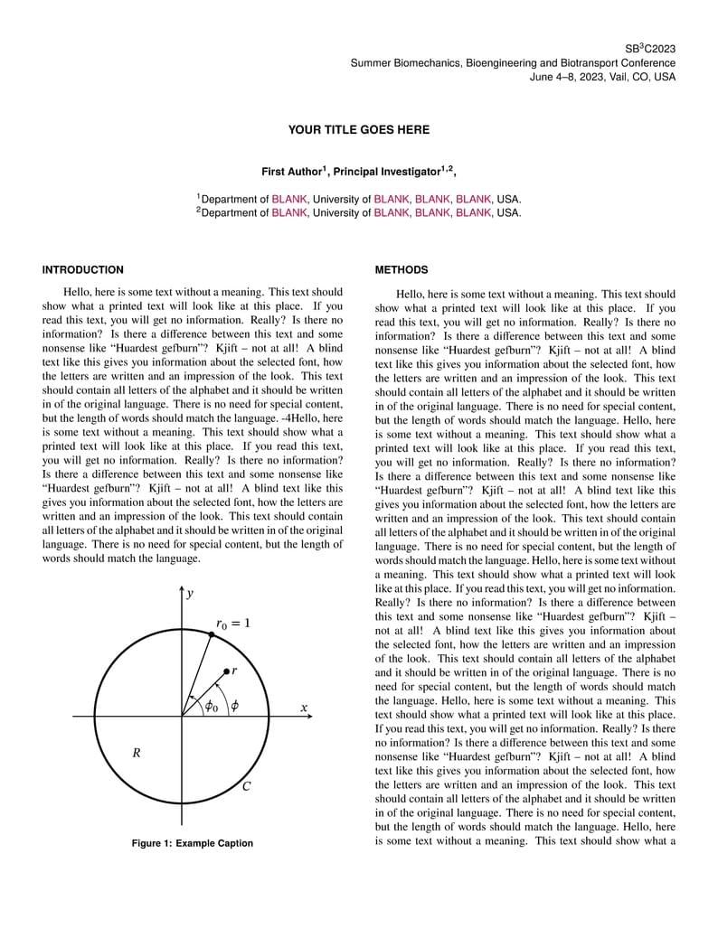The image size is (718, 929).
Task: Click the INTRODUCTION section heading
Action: tap(83, 270)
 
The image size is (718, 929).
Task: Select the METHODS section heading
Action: tap(402, 270)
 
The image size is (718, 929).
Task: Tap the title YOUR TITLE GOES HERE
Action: tap(359, 130)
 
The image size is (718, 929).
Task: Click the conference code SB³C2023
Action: tap(650, 49)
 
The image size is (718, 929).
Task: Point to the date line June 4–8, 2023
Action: tap(602, 77)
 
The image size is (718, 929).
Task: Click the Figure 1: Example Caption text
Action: tap(193, 843)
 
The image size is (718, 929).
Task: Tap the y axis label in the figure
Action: tap(190, 594)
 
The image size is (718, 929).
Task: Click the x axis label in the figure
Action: tap(304, 708)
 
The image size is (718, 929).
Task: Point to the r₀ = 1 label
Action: tap(232, 624)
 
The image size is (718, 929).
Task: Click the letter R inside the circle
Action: tap(137, 753)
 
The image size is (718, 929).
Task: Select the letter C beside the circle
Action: tap(246, 786)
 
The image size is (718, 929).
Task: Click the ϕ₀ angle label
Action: tap(211, 707)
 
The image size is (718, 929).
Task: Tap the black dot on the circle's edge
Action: tap(212, 635)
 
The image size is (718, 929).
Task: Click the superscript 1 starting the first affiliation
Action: tap(198, 195)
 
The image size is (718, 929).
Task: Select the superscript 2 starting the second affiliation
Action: tap(198, 210)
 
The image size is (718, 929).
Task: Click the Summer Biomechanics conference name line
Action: tap(513, 63)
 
